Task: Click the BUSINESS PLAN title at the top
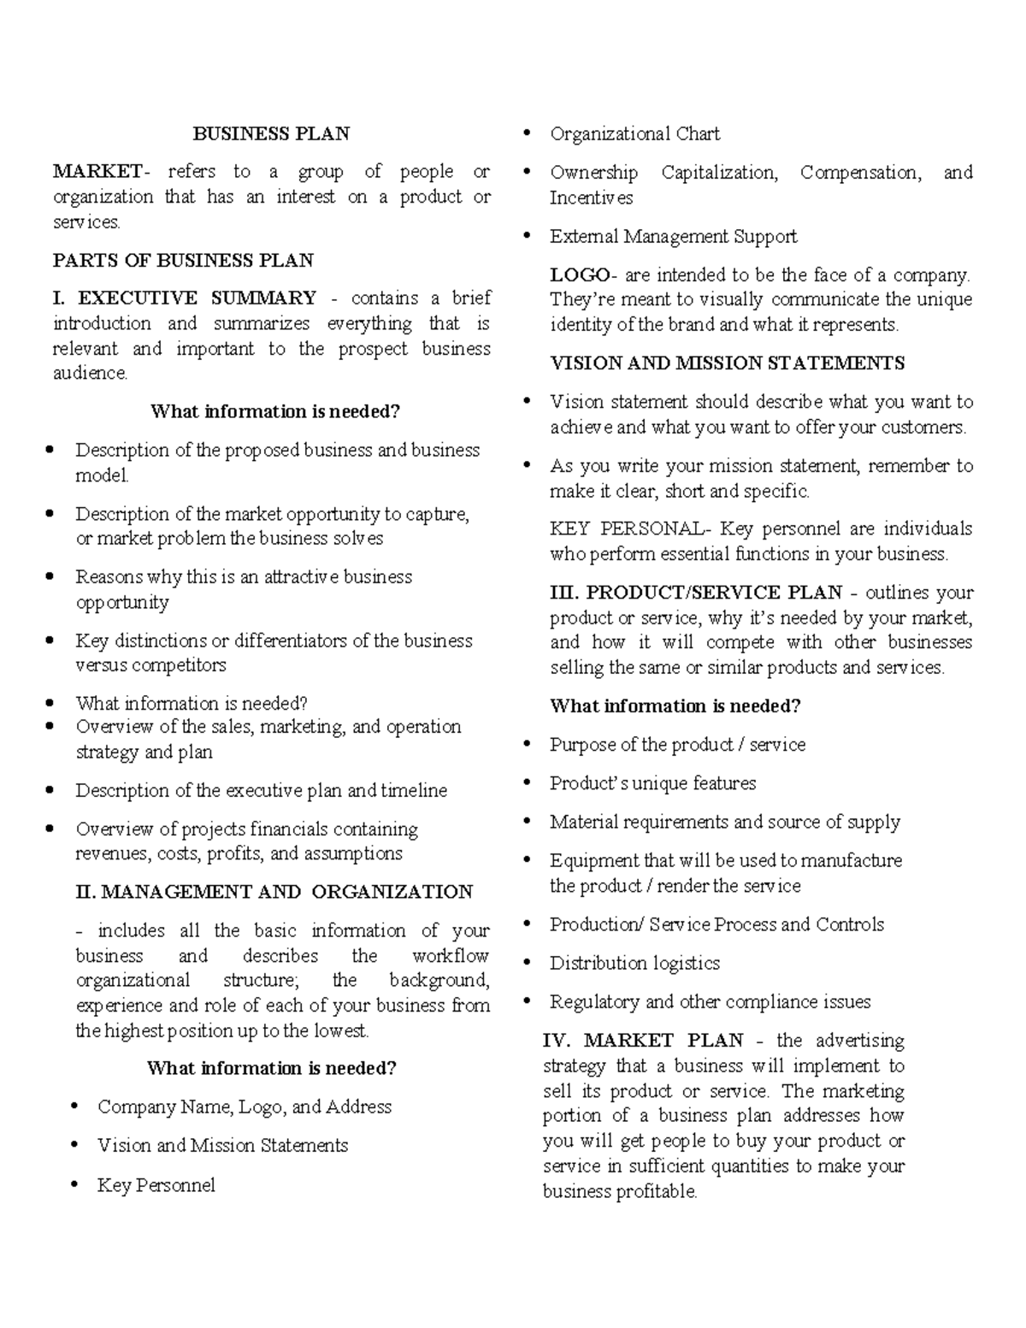[x=271, y=133]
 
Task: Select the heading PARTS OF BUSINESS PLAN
[x=183, y=260]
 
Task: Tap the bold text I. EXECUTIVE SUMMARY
[x=185, y=298]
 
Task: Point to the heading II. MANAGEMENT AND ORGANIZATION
[x=274, y=892]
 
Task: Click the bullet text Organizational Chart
[x=634, y=134]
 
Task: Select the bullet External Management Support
[x=673, y=236]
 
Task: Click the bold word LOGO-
[x=581, y=275]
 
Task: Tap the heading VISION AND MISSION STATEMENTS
[x=727, y=363]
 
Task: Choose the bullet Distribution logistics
[x=634, y=963]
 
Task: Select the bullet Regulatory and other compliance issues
[x=710, y=1001]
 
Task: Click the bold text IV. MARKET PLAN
[x=643, y=1041]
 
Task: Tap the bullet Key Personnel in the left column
[x=156, y=1185]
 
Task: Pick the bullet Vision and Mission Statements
[x=222, y=1146]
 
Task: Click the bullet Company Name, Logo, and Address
[x=245, y=1107]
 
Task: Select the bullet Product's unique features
[x=652, y=783]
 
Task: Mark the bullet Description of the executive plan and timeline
[x=261, y=791]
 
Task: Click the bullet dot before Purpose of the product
[x=528, y=745]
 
